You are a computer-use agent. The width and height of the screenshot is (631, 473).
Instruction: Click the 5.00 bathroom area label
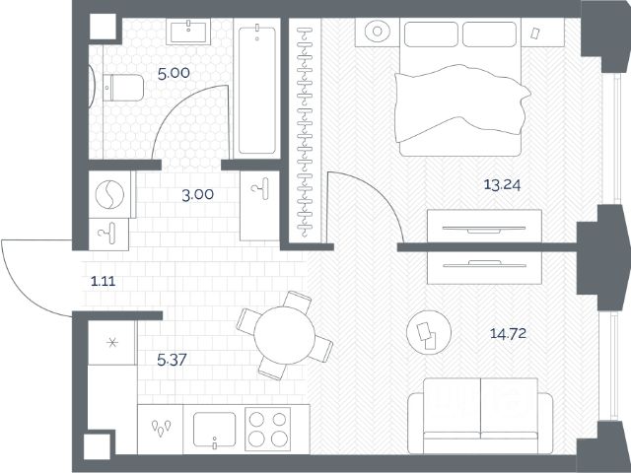(174, 74)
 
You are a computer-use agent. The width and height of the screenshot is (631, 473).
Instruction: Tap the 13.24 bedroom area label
(502, 185)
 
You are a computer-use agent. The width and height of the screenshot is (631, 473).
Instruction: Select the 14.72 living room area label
(508, 333)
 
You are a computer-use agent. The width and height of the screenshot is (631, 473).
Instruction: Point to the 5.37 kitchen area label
(172, 360)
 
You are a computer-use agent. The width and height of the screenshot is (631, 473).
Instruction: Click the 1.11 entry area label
(103, 282)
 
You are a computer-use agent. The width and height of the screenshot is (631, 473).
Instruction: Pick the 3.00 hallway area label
(197, 195)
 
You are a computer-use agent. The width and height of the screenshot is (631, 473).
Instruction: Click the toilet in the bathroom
(123, 88)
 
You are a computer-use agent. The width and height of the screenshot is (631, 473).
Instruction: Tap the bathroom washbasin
(188, 33)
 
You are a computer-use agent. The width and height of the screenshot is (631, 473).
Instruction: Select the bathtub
(256, 90)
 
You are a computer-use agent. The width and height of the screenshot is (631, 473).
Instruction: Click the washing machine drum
(109, 195)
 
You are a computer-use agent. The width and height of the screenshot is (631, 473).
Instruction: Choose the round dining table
(285, 335)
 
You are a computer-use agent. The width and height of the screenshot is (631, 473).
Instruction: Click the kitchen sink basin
(214, 430)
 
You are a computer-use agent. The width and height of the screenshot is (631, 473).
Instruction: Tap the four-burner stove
(267, 429)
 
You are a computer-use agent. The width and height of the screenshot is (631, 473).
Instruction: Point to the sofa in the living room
(480, 416)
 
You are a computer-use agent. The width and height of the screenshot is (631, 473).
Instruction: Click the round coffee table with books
(429, 333)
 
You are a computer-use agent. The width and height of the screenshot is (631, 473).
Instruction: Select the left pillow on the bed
(431, 34)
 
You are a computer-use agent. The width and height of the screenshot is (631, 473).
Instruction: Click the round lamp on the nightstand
(377, 31)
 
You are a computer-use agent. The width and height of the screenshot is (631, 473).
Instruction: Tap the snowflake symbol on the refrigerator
(112, 343)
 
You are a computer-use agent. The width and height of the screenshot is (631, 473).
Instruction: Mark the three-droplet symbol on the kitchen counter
(161, 428)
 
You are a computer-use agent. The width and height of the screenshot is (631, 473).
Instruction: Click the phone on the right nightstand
(535, 34)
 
